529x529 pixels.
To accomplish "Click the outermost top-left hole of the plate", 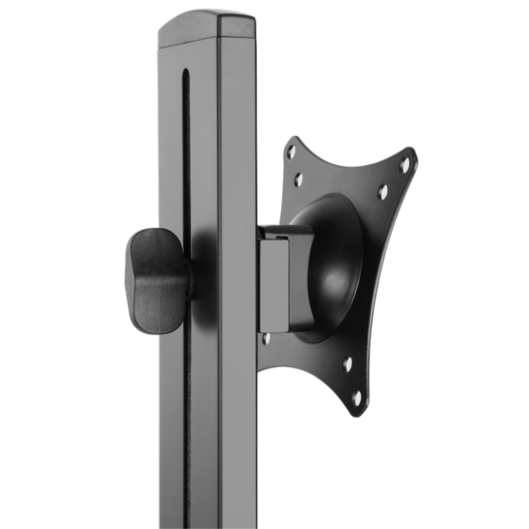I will click(x=291, y=152).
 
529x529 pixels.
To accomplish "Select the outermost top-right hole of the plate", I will click(x=404, y=163).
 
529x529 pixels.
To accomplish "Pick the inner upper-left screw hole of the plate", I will click(x=298, y=179).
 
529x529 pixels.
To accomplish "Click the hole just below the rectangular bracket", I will click(x=265, y=338).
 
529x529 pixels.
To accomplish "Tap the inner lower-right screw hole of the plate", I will click(x=347, y=364).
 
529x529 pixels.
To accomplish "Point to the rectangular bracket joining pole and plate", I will click(x=274, y=284).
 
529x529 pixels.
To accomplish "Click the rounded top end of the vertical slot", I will click(x=186, y=71).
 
